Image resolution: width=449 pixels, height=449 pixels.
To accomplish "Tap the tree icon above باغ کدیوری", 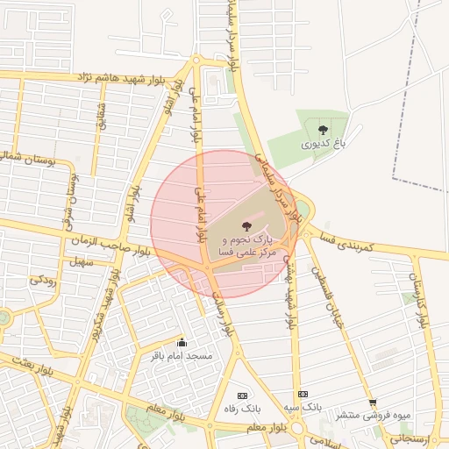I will click(x=323, y=130).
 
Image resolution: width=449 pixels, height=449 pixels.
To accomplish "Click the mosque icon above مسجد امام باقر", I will click(x=182, y=342).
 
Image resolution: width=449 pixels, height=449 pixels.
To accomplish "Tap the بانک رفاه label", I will click(x=242, y=409).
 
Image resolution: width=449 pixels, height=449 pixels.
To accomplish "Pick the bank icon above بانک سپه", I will click(x=303, y=395).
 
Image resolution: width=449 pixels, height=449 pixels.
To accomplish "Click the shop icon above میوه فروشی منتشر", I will click(x=372, y=402).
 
